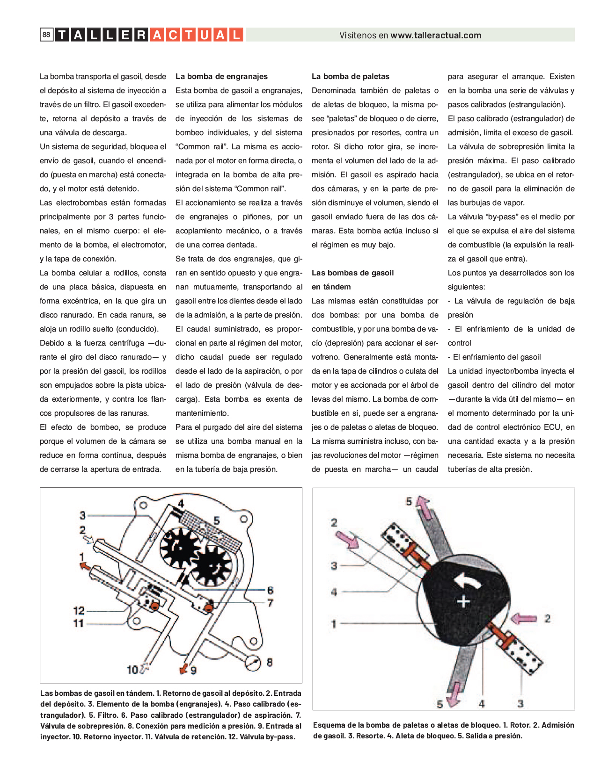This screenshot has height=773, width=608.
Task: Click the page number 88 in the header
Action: coord(46,35)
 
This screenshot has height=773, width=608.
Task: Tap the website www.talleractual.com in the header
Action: coord(436,35)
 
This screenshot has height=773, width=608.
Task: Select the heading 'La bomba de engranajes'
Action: coord(221,76)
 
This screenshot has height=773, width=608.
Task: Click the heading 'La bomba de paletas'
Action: coord(350,76)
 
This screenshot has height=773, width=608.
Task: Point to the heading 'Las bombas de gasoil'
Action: coord(352,273)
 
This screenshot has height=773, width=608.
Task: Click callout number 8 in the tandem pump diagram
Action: coord(270,662)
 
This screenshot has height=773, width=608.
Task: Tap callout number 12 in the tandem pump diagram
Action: coord(79,610)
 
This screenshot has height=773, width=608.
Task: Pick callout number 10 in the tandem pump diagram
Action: coord(132,670)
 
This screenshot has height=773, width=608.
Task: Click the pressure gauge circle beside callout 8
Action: coord(253,663)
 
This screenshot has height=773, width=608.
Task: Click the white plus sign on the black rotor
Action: coord(463,601)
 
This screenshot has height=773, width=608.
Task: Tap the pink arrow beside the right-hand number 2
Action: coord(523,619)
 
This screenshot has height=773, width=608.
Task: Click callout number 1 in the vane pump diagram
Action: coord(334,623)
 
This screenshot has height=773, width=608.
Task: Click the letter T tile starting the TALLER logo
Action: coord(62,35)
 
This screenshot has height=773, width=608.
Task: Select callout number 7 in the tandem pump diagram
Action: coord(270,603)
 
